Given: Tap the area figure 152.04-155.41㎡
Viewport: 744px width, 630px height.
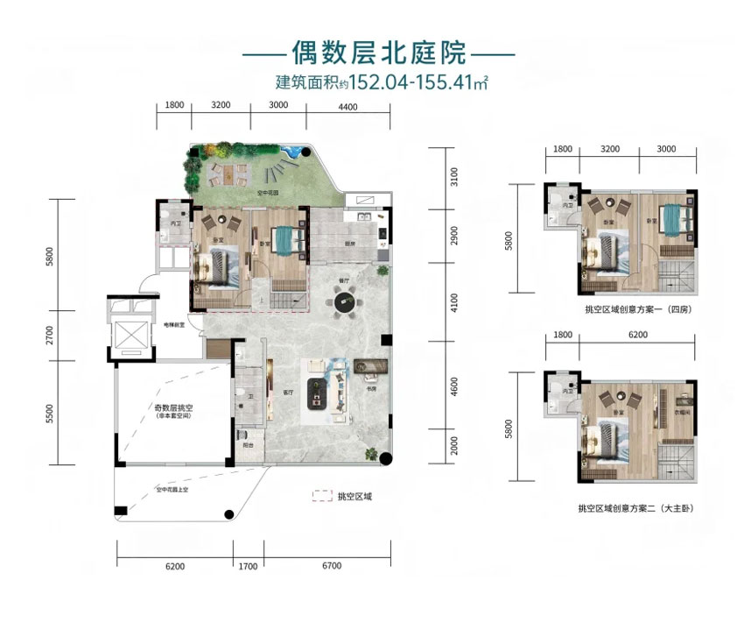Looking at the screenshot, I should (418, 85).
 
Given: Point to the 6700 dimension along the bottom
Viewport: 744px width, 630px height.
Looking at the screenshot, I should (330, 566).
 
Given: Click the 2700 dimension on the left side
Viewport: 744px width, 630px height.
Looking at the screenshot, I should (51, 335).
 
